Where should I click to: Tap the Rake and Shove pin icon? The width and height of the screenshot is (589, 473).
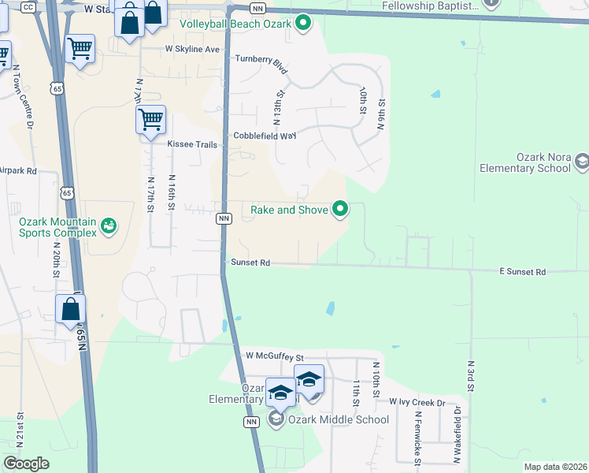point(340,209)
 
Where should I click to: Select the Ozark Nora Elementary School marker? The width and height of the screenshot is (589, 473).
point(581,162)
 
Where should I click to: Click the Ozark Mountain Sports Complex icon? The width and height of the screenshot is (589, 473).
point(109,227)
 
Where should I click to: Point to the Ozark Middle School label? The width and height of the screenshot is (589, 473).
point(338,419)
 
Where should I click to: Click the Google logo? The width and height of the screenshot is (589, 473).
point(26,464)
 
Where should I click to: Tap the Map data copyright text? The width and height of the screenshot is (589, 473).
point(554,467)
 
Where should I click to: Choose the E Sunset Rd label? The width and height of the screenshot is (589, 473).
point(522,272)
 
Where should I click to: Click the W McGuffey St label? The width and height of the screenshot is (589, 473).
point(274,357)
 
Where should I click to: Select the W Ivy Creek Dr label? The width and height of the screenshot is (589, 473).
point(417,402)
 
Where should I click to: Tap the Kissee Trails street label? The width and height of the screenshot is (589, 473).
point(191,144)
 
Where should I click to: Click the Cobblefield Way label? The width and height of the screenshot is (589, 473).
point(265,136)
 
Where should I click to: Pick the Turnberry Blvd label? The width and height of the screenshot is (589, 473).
point(261,62)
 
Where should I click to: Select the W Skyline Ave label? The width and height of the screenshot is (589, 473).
point(192,49)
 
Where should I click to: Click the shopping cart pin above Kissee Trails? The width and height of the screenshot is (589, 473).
point(150,121)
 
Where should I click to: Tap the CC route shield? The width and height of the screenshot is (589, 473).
point(28,7)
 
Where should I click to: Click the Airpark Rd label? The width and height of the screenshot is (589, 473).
point(17,170)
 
